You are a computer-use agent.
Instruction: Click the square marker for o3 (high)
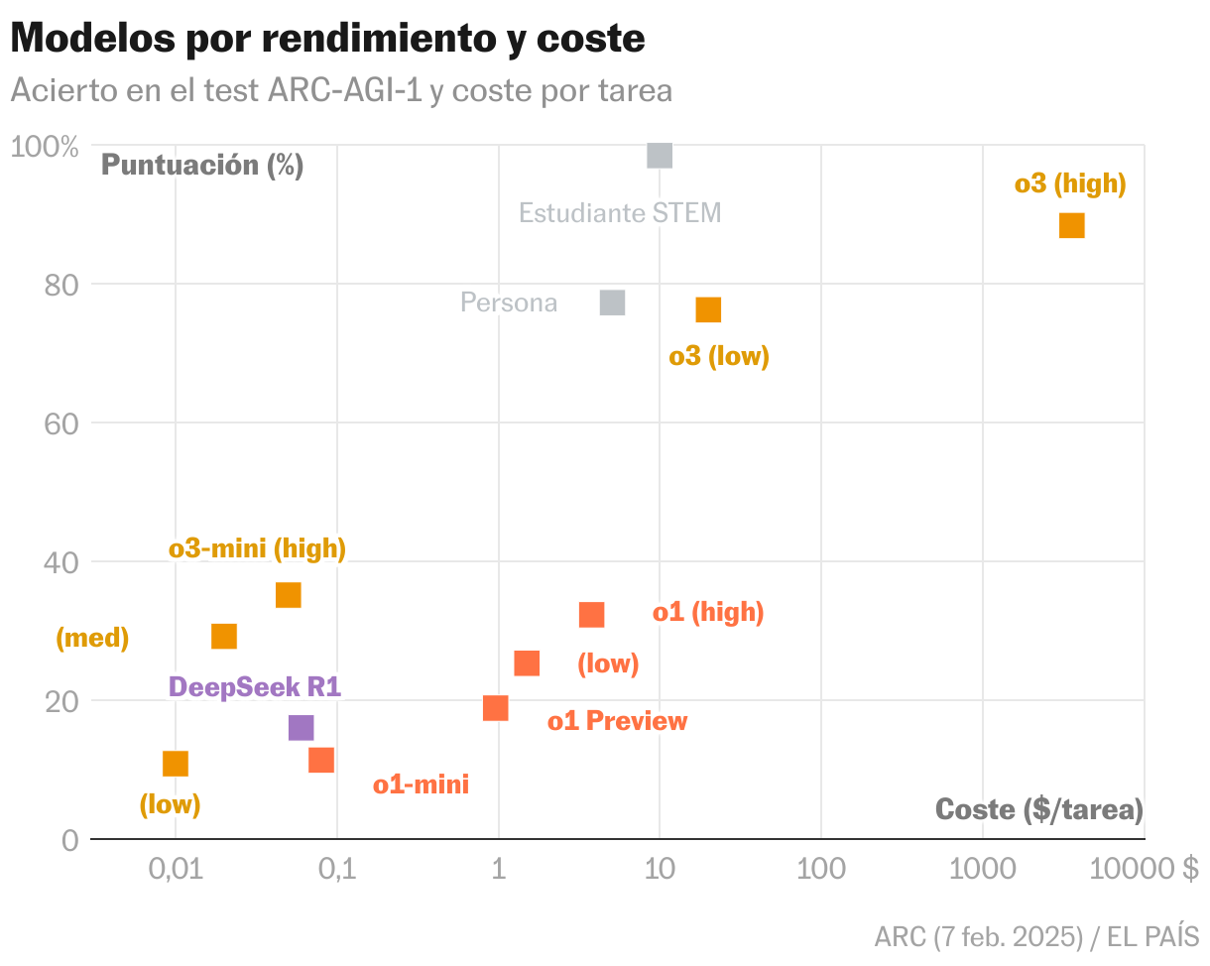pos(1071,226)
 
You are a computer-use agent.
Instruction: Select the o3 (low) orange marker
pos(708,310)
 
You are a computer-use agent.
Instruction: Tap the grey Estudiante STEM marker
pos(660,156)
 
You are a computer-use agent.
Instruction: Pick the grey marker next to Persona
pos(613,302)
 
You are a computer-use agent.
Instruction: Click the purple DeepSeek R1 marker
pos(301,728)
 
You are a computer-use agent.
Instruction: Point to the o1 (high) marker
pos(592,615)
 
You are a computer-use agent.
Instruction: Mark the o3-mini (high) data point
pos(289,595)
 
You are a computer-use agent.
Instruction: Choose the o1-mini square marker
pos(321,761)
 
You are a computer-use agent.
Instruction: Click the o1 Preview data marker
pos(496,708)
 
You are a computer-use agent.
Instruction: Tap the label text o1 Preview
pos(617,721)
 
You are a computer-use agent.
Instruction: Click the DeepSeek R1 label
pos(255,686)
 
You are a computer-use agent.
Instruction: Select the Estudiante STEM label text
pos(620,212)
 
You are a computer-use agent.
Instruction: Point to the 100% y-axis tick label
pos(45,147)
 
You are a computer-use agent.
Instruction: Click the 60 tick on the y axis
pos(63,423)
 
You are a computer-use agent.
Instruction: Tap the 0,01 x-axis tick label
pos(176,870)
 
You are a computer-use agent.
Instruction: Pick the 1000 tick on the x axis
pos(982,870)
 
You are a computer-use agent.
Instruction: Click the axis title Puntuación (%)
pos(202,165)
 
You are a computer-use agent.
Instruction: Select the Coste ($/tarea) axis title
pos(1038,809)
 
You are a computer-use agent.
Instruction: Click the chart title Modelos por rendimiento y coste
pos(327,40)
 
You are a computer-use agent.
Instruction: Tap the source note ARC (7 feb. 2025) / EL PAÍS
pos(1036,936)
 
